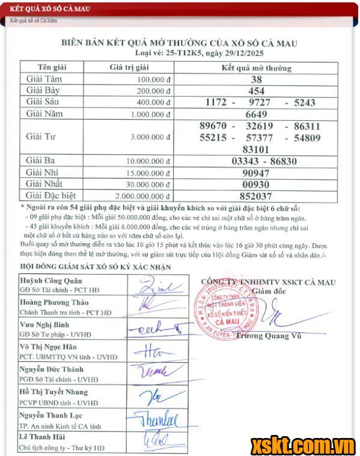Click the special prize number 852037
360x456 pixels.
(256, 196)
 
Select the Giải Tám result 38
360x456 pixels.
(256, 79)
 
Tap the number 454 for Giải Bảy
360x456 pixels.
(256, 90)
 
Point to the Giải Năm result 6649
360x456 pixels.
(256, 114)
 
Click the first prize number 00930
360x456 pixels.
(256, 184)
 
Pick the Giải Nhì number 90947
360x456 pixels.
(256, 172)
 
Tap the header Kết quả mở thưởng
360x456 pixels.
(256, 67)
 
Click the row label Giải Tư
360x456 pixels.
(41, 137)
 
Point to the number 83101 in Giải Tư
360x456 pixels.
(256, 148)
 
